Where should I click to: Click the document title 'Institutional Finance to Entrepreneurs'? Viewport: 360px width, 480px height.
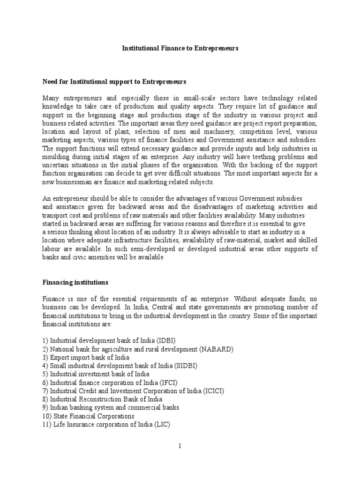pos(180,48)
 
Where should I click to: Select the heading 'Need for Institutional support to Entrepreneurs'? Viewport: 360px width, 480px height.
pos(114,82)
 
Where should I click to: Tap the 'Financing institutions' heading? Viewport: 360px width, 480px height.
pos(75,283)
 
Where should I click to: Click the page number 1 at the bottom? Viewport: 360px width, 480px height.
pos(180,446)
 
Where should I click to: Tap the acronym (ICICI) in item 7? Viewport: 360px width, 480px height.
pos(213,391)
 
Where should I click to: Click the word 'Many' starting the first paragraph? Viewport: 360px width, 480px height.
pos(51,98)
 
